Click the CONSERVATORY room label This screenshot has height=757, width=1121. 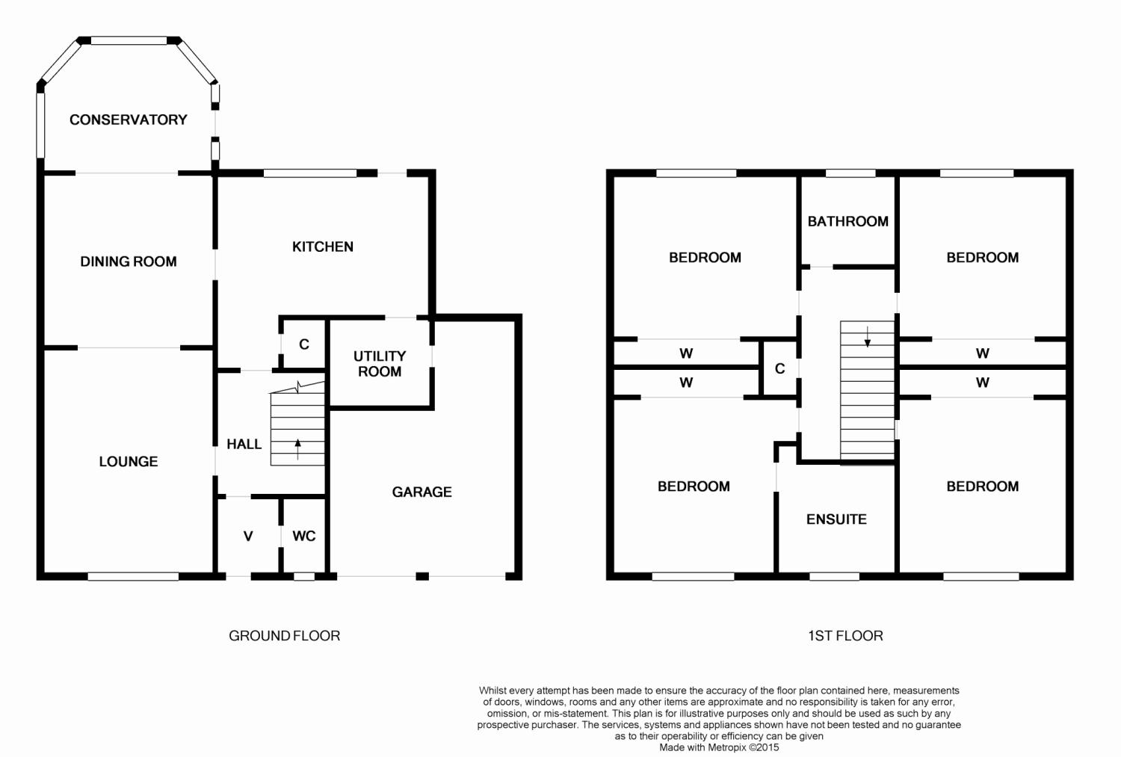tap(128, 120)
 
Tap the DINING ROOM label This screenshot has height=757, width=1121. tap(128, 261)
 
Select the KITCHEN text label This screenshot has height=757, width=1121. tap(323, 247)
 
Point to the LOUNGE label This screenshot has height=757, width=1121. tap(128, 461)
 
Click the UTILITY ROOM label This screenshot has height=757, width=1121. tap(380, 364)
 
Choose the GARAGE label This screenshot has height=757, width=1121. tap(422, 492)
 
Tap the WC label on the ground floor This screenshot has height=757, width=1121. tap(303, 536)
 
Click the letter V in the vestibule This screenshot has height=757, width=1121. tap(248, 537)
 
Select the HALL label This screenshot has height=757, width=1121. tap(244, 444)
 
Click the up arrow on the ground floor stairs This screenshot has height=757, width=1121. tap(297, 449)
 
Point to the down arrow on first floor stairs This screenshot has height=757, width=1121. tap(867, 336)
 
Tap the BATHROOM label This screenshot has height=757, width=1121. tap(847, 221)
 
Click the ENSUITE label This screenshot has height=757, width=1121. tap(836, 519)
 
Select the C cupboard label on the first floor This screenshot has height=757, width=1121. tap(779, 368)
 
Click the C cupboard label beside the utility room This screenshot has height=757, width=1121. tap(303, 344)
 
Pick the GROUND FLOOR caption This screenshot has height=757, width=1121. tap(284, 635)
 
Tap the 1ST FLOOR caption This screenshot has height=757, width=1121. tap(845, 635)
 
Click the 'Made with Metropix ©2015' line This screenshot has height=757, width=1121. tap(719, 747)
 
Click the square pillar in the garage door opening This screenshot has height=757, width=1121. tap(422, 576)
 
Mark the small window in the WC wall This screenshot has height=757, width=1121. tap(303, 576)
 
